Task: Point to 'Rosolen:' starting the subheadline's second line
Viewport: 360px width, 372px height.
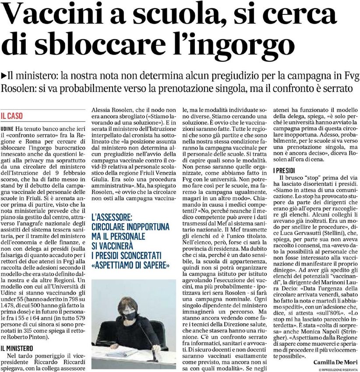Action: click(18, 88)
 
